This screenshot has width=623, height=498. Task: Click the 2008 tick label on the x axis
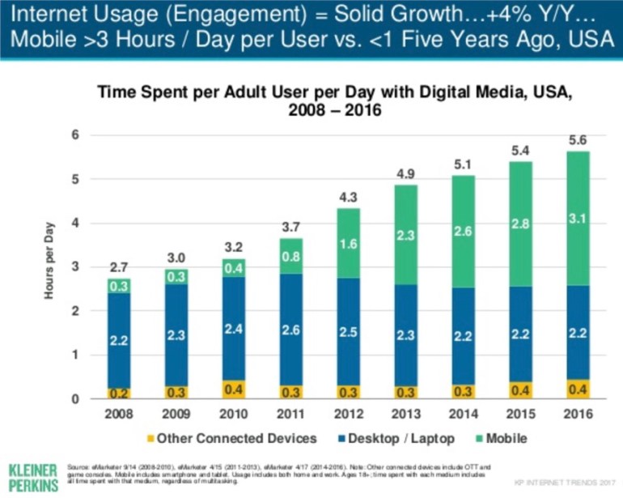(119, 415)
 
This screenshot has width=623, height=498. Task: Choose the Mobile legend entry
(501, 438)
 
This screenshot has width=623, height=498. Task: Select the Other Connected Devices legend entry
(231, 438)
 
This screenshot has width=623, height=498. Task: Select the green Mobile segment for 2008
(119, 286)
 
